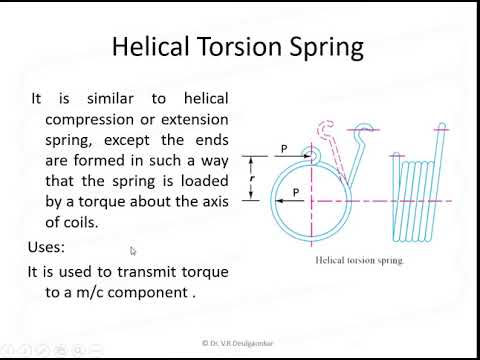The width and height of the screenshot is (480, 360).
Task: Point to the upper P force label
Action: click(285, 149)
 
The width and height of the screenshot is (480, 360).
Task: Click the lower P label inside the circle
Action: click(296, 189)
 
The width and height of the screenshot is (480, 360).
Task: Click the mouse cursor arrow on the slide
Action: click(133, 252)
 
